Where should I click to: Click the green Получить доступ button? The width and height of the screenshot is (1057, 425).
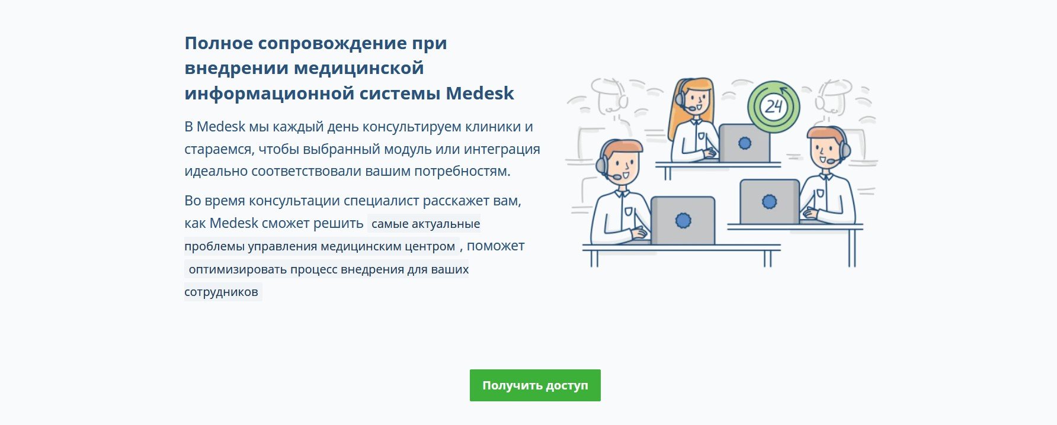click(535, 385)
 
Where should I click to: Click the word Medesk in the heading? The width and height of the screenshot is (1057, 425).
click(480, 94)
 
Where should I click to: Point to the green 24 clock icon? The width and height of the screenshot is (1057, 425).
click(774, 107)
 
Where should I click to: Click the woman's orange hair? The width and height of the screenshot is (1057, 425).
click(681, 110)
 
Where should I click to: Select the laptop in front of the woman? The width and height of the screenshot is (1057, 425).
click(744, 143)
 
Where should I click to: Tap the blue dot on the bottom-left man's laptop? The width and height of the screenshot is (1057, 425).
click(683, 221)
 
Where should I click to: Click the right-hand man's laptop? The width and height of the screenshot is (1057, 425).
click(770, 202)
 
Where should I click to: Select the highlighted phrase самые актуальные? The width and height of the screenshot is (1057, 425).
click(425, 224)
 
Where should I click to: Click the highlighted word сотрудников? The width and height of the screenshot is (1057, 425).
click(221, 292)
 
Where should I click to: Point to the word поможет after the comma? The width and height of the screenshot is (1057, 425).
click(495, 246)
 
